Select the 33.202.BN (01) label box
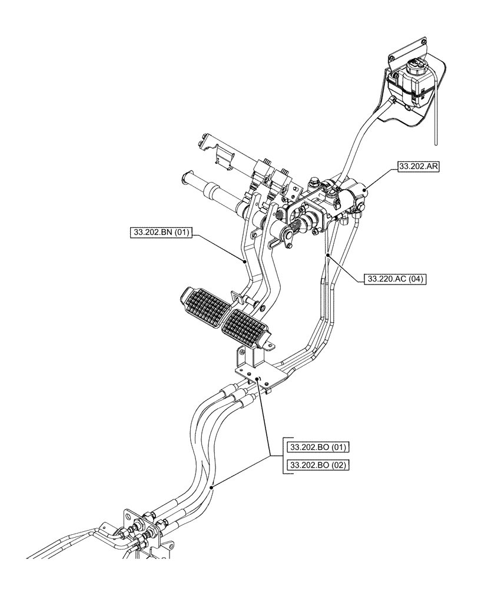coord(160,233)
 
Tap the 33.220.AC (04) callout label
coord(395,279)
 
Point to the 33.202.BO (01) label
coord(318,447)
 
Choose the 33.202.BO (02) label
coord(318,465)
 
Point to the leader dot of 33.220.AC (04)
coord(327,254)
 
